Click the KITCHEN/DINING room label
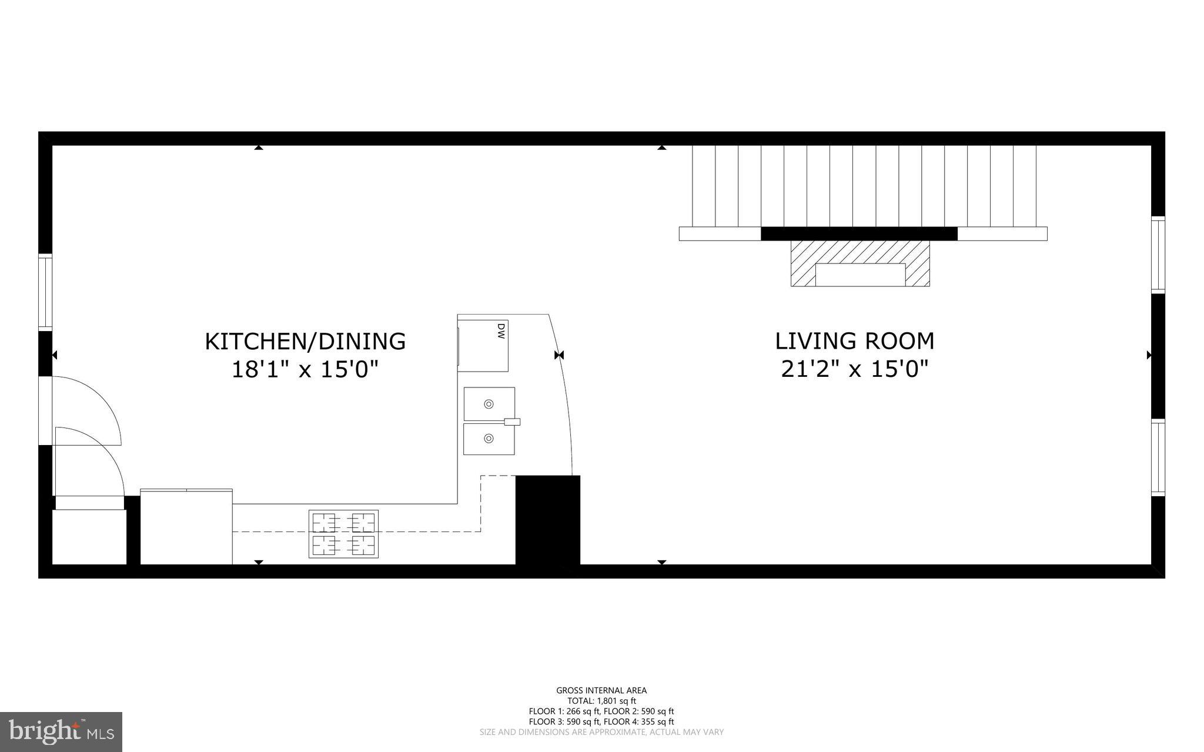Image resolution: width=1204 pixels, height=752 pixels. [x=305, y=342]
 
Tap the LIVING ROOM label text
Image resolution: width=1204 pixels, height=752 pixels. [x=854, y=342]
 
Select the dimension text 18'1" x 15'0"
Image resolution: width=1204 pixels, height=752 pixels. [x=305, y=370]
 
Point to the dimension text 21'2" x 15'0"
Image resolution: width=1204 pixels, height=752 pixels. [x=854, y=370]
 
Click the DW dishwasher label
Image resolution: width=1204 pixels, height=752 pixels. [x=501, y=330]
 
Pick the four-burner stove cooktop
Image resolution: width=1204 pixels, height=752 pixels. [x=343, y=534]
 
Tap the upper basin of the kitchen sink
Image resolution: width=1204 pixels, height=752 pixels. [x=489, y=404]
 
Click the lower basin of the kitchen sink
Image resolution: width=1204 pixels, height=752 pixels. [x=489, y=439]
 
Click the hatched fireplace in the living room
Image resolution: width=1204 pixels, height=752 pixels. [x=859, y=263]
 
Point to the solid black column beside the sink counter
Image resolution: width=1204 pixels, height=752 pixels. [x=547, y=520]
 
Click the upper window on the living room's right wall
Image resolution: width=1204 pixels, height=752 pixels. [x=1158, y=254]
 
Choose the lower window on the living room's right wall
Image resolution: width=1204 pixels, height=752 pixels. [x=1158, y=457]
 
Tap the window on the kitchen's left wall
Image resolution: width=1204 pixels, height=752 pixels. [x=45, y=292]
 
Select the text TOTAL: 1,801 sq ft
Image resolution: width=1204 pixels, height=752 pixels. [x=601, y=701]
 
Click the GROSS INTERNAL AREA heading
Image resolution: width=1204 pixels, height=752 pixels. [x=601, y=691]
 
